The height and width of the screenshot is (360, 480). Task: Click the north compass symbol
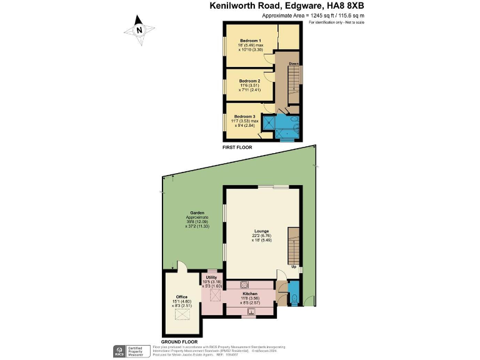[x=139, y=29]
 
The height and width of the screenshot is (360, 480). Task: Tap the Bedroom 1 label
[x=250, y=41]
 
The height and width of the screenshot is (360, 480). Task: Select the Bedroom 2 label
[x=249, y=81]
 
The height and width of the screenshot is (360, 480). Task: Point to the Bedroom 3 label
[x=244, y=116]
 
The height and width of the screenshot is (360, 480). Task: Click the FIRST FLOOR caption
[x=238, y=147]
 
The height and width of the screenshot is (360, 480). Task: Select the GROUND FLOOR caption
[x=179, y=342]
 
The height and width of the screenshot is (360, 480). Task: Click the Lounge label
[x=261, y=231]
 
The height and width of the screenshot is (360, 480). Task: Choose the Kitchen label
[x=250, y=293]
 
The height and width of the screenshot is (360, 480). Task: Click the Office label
[x=182, y=297]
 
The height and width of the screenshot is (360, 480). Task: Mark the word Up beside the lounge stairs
[x=294, y=267]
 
